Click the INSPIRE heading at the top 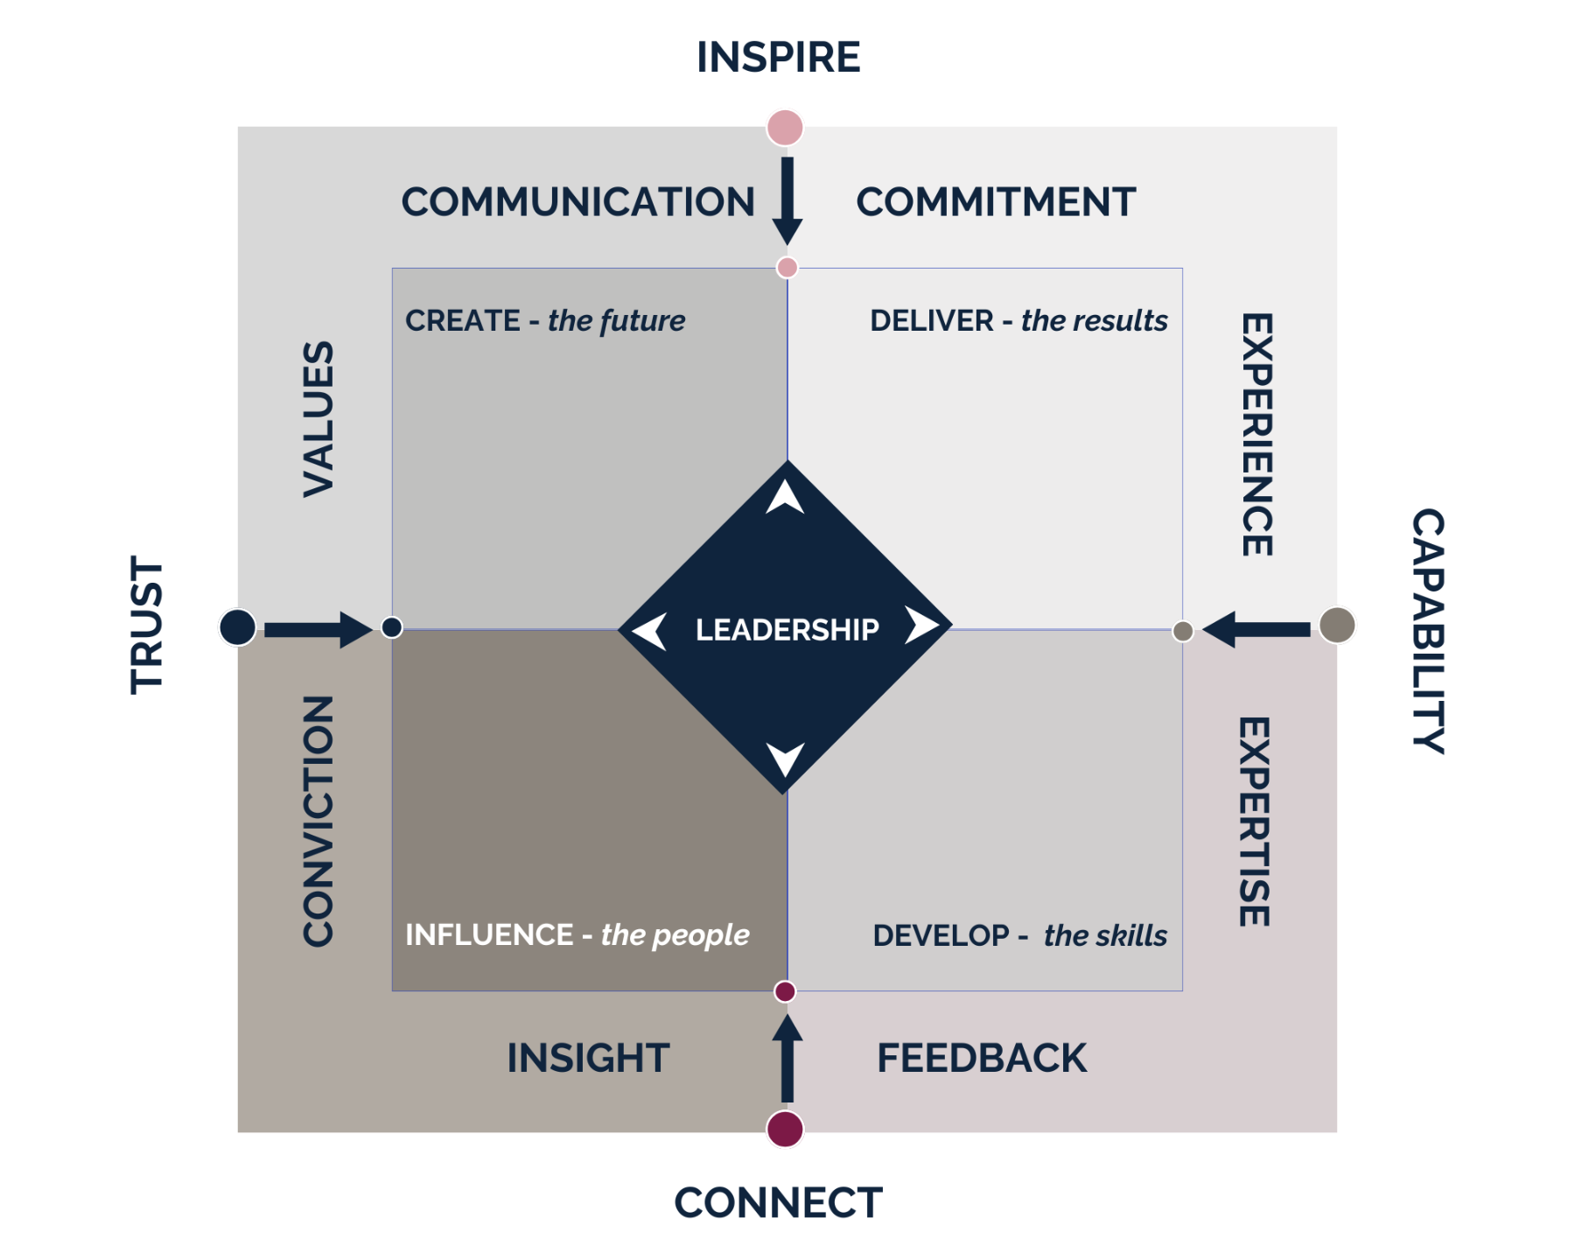[x=778, y=57]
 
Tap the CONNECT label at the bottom [x=778, y=1203]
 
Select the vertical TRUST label [x=147, y=625]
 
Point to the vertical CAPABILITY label [x=1427, y=631]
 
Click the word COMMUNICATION [x=577, y=202]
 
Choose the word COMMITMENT [x=996, y=202]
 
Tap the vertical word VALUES [x=318, y=419]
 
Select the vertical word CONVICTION [x=318, y=821]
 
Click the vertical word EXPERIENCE [x=1257, y=434]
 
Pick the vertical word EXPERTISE [x=1254, y=822]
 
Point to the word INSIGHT [x=588, y=1058]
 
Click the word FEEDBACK [x=982, y=1058]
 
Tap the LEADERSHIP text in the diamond [x=787, y=630]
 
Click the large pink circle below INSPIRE [x=785, y=127]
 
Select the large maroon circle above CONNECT [x=785, y=1130]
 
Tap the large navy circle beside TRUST [x=237, y=626]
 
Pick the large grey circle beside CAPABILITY [x=1337, y=626]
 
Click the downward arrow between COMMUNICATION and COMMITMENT [x=787, y=201]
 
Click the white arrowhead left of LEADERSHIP [x=650, y=631]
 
